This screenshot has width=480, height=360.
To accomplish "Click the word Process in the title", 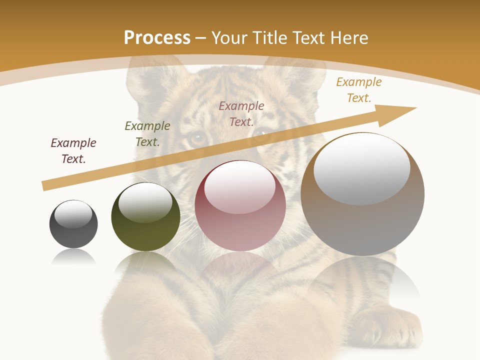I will (157, 38).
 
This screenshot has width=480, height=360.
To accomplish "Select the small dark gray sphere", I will (73, 224).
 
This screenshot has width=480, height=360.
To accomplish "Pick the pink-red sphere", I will (240, 206).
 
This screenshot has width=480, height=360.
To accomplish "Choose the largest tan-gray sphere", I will (362, 194).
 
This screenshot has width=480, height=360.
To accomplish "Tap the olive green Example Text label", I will (147, 134).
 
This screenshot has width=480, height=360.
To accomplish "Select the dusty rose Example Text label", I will (241, 113).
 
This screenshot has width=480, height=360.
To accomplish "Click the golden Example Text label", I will (359, 90).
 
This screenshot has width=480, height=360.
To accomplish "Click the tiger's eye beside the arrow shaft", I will (198, 137).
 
